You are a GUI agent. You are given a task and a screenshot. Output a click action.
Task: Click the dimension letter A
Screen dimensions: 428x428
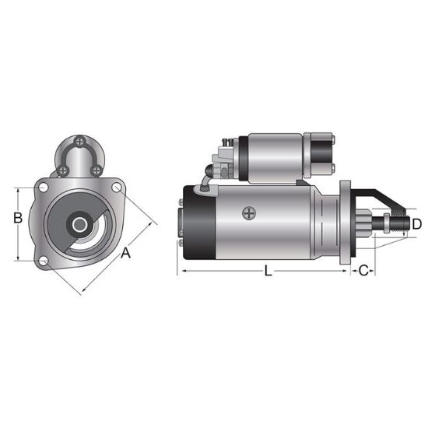pyautogui.click(x=124, y=251)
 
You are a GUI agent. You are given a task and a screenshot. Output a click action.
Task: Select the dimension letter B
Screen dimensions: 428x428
pyautogui.click(x=17, y=219)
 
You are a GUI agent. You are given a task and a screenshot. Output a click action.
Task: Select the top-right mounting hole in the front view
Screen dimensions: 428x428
pyautogui.click(x=117, y=187)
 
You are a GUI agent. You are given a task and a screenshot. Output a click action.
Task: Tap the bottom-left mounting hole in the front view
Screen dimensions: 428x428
pyautogui.click(x=44, y=259)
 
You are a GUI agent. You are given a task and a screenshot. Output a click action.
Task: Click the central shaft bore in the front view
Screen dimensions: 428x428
pyautogui.click(x=80, y=224)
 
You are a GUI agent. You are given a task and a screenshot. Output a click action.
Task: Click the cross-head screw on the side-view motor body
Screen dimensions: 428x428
pyautogui.click(x=249, y=212)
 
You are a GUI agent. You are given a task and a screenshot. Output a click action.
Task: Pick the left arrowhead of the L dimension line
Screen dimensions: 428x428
pyautogui.click(x=184, y=271)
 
